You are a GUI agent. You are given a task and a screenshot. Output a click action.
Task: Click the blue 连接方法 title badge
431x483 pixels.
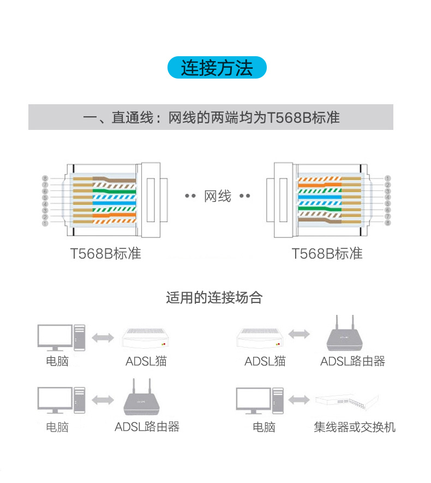(x=217, y=68)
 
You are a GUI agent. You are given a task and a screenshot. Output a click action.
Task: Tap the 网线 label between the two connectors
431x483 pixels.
(x=218, y=196)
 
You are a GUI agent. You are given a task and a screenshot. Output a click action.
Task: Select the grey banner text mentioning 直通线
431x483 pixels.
(x=211, y=117)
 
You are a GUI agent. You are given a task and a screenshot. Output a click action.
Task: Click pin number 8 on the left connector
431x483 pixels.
(x=45, y=178)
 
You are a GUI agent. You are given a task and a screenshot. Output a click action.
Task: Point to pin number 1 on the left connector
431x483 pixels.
(x=45, y=223)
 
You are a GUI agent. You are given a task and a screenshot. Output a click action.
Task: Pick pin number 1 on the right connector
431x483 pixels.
(x=387, y=178)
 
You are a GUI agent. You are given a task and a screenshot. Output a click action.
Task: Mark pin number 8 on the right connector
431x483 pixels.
(x=387, y=223)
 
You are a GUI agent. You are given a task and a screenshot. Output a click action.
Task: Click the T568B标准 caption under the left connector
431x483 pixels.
(x=105, y=254)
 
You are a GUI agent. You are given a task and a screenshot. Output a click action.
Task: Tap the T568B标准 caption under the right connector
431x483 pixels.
(x=327, y=254)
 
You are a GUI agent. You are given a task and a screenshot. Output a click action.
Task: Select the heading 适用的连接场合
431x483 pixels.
(x=214, y=297)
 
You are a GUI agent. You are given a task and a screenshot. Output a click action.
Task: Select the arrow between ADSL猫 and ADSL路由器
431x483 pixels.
(x=299, y=334)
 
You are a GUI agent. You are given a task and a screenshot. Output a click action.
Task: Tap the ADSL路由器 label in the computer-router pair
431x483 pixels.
(x=147, y=427)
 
